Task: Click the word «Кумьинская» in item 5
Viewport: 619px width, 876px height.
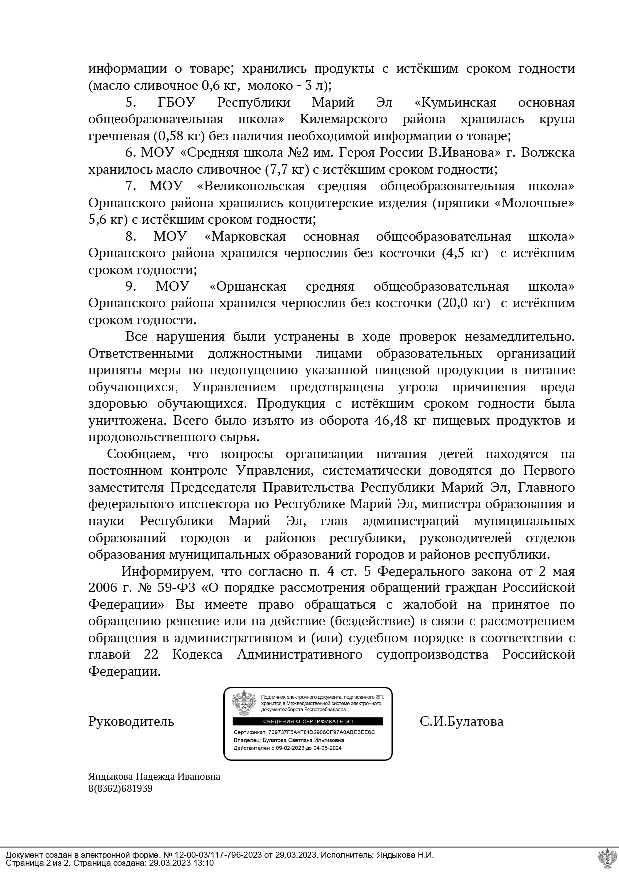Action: coord(455,103)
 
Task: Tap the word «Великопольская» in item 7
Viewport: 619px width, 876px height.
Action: coord(251,186)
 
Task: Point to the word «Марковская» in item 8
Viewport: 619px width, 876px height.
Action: coord(245,236)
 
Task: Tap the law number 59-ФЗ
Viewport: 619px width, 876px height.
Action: coord(176,587)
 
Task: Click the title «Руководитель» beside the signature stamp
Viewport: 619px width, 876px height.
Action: coord(131,721)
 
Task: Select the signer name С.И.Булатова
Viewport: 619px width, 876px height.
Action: coord(461,721)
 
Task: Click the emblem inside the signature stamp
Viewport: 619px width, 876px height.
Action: coord(244,704)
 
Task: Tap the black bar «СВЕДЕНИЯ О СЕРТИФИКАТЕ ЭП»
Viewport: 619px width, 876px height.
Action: coord(308,722)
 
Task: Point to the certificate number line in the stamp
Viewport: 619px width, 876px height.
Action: coord(304,732)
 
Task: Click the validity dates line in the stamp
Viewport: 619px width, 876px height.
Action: coord(288,748)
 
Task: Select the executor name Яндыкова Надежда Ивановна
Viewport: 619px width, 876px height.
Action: coord(154,777)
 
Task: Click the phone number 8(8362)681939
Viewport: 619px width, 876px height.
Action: coord(120,789)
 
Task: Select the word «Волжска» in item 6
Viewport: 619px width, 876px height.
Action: coord(547,153)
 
